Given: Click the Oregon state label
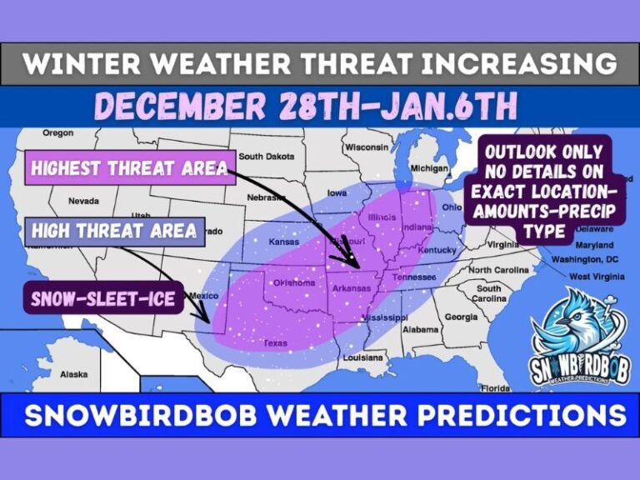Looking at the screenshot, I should [58, 132].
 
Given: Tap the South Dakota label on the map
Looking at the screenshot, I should [267, 156].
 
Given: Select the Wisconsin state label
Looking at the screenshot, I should [367, 147].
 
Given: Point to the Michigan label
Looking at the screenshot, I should [429, 167].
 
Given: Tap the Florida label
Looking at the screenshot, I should [495, 387].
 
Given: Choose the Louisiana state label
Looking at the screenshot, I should [362, 357].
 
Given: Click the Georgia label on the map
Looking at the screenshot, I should [461, 317].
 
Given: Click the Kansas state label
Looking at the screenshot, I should [283, 242].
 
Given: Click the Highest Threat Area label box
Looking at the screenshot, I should [129, 168].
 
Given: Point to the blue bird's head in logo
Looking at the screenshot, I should [567, 316].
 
